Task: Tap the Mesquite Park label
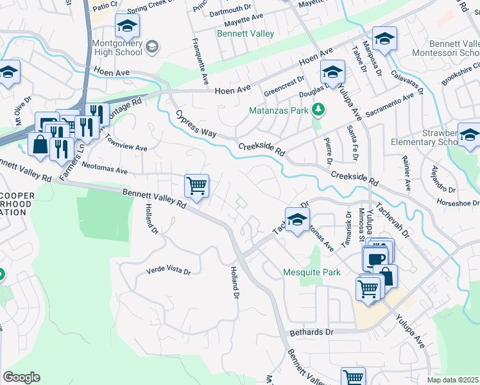(x=312, y=272)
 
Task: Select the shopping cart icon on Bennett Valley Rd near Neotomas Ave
(x=196, y=186)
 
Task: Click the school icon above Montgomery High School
(x=127, y=26)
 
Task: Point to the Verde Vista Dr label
(x=169, y=271)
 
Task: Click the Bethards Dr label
(x=312, y=332)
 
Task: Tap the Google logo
(x=21, y=377)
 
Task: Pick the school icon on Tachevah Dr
(x=296, y=221)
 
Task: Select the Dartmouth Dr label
(x=230, y=8)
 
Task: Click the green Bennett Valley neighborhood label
(x=246, y=33)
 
